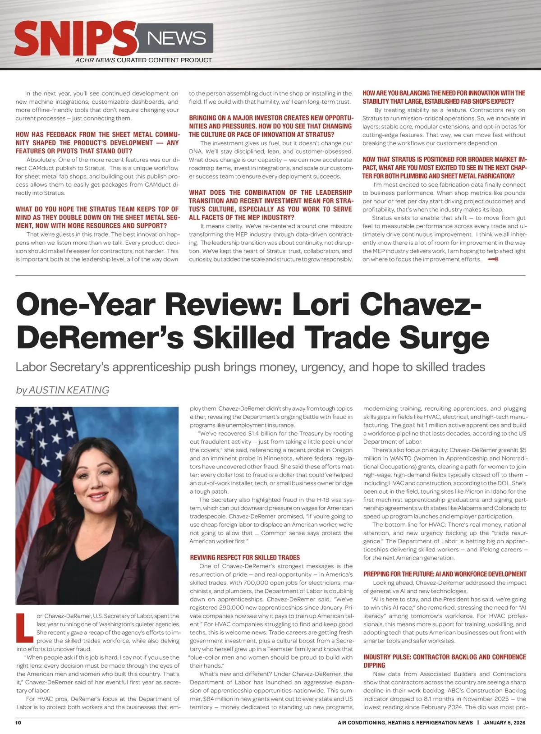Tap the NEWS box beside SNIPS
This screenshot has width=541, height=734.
(176, 39)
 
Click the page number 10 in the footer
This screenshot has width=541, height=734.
(18, 723)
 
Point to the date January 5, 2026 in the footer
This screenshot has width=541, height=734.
(504, 723)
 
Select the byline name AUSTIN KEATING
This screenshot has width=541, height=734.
(69, 390)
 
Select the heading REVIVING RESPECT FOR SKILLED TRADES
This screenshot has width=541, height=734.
(245, 558)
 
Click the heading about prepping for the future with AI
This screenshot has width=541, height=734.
(445, 574)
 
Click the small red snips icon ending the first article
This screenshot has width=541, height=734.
(492, 259)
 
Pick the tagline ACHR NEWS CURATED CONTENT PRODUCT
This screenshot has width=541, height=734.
(143, 60)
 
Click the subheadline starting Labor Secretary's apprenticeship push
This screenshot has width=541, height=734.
(250, 367)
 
